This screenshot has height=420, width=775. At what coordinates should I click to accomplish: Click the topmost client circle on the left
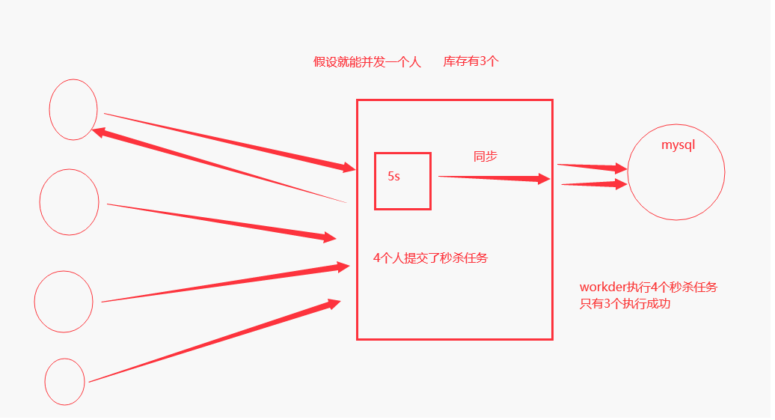click(73, 109)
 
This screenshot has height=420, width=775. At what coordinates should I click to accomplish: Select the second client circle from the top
click(69, 202)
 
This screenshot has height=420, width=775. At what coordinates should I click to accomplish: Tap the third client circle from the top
click(64, 302)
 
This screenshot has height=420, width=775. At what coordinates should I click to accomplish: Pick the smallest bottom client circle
click(65, 381)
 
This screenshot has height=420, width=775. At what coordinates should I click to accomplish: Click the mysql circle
click(676, 180)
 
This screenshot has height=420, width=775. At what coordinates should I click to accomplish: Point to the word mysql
click(678, 145)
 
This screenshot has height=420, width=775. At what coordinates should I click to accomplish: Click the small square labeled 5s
click(402, 192)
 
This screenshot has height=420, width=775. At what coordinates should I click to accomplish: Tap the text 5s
click(393, 177)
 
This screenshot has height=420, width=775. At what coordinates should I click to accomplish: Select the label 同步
click(485, 156)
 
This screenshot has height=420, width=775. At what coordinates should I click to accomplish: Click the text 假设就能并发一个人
click(367, 62)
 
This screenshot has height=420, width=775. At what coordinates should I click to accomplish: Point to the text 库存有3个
click(471, 62)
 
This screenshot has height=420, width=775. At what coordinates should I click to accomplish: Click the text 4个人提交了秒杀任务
click(430, 258)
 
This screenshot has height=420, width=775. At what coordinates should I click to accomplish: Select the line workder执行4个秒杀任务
click(648, 287)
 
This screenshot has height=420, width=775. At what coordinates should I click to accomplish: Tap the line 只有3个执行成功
click(625, 305)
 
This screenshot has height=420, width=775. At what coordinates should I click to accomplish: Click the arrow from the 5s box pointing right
click(494, 177)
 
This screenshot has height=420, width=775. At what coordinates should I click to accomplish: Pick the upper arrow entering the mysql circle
click(592, 167)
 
